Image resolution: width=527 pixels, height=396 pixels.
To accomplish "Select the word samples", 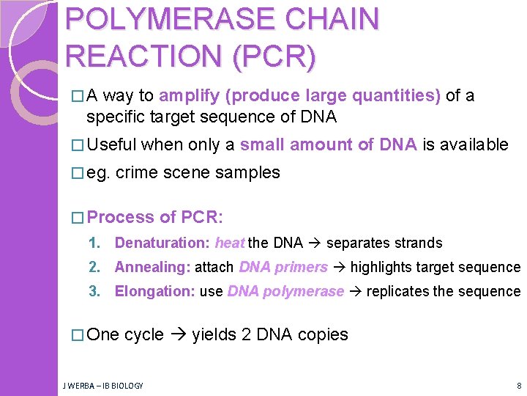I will [x=249, y=173].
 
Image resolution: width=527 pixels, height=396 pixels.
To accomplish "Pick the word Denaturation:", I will [x=162, y=243].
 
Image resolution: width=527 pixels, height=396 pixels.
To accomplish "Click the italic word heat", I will [x=230, y=243].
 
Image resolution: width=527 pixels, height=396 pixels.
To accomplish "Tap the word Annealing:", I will [x=152, y=267].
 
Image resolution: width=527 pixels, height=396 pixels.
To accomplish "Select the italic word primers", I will [x=302, y=267].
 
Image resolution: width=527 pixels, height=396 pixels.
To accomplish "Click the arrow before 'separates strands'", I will [x=314, y=243].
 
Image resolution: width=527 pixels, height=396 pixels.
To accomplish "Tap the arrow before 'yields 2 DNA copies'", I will [x=178, y=335].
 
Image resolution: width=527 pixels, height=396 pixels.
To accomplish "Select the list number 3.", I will [x=94, y=291].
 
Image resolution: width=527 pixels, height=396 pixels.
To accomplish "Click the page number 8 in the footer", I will [x=518, y=385].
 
